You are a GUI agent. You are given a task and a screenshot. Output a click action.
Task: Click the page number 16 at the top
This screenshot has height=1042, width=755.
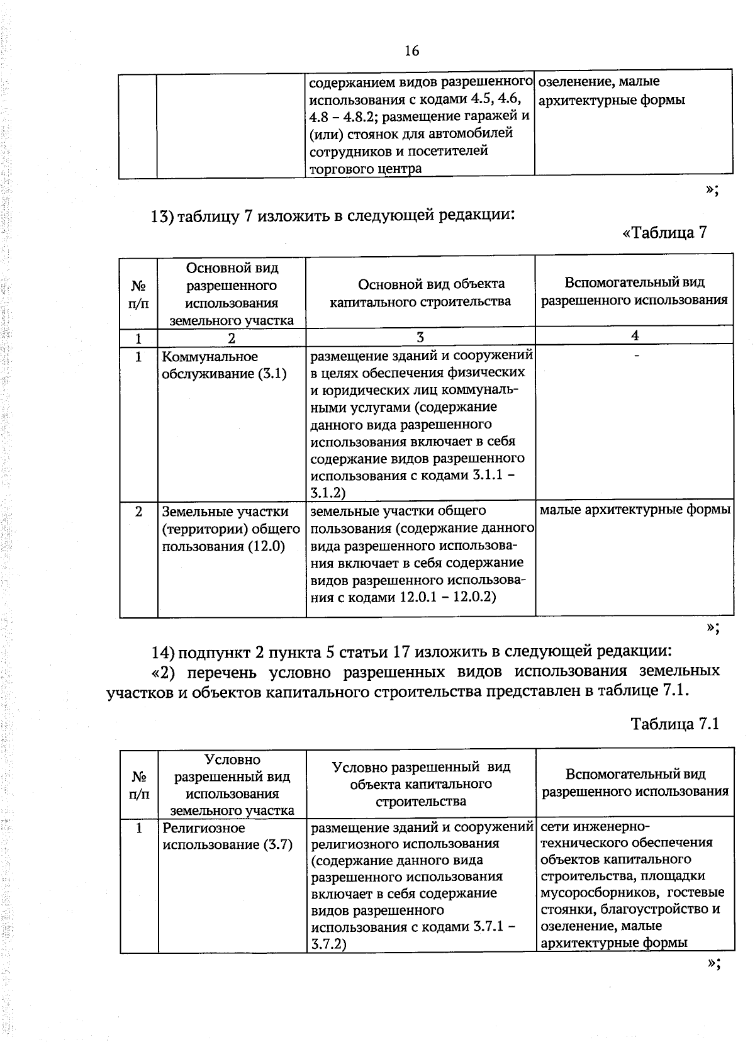(x=412, y=51)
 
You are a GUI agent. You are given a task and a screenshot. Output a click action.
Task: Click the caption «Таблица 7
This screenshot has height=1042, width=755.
(x=664, y=232)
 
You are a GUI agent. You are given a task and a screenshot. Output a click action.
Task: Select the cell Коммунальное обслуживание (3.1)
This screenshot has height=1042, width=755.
(x=224, y=365)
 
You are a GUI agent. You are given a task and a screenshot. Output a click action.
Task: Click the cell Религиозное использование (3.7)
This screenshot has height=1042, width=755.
(x=227, y=836)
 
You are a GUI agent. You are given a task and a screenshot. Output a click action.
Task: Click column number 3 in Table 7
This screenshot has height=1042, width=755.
(x=420, y=337)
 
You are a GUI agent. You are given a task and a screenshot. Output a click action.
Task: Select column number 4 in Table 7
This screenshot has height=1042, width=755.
(x=635, y=335)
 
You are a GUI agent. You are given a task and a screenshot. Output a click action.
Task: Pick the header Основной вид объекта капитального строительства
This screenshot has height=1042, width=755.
(x=420, y=293)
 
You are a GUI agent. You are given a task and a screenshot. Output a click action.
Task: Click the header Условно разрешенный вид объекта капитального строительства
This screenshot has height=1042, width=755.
(x=421, y=783)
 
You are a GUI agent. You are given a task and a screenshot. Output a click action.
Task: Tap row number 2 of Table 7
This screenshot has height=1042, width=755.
(x=138, y=511)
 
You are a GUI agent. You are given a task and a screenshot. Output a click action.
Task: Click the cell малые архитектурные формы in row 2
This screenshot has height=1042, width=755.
(x=635, y=510)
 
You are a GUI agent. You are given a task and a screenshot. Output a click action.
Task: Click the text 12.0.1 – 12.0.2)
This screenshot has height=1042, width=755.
(x=447, y=597)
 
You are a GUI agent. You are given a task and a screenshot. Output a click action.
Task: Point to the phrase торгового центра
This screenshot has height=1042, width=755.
(x=365, y=169)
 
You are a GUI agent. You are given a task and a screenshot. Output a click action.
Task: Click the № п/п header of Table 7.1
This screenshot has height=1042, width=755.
(x=139, y=785)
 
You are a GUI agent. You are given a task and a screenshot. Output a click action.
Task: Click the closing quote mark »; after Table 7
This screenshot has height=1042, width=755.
(x=712, y=627)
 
